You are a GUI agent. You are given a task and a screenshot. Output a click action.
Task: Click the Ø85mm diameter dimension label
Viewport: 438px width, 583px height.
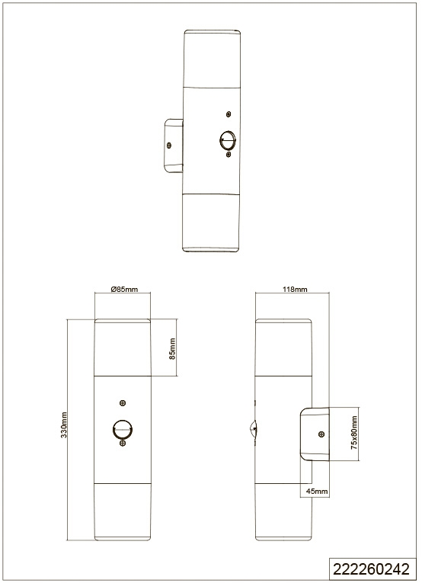click(124, 289)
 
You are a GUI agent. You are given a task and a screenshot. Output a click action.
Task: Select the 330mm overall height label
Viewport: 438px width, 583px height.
click(64, 425)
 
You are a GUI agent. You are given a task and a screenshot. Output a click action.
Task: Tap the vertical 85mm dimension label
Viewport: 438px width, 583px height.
click(172, 348)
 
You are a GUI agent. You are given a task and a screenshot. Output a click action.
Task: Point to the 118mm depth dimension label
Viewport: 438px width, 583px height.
click(295, 289)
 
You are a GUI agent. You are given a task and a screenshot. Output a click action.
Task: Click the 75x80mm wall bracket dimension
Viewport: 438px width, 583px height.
click(354, 433)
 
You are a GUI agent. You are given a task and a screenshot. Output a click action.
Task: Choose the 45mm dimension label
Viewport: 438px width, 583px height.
click(317, 491)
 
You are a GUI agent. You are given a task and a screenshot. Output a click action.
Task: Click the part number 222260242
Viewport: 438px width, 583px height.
click(371, 569)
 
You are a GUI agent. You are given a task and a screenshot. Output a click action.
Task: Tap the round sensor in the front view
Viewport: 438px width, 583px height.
click(123, 430)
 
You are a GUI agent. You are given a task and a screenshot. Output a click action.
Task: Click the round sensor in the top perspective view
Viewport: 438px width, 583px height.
click(228, 140)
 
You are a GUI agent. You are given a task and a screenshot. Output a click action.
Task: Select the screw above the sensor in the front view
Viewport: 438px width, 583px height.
click(123, 402)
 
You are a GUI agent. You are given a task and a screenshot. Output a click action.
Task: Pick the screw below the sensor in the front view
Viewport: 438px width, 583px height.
click(123, 444)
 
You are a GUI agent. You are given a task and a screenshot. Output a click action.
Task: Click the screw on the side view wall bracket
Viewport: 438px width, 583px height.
click(321, 434)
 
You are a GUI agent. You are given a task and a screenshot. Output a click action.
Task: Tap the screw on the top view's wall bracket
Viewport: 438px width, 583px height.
click(169, 145)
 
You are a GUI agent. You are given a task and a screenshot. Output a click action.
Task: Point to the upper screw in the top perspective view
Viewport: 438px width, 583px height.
click(229, 114)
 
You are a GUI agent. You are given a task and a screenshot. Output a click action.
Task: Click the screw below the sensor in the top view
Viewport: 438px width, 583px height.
click(229, 153)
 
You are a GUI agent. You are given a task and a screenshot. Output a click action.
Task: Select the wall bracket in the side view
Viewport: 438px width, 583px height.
click(315, 434)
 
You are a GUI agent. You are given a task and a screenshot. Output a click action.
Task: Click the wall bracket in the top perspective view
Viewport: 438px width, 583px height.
click(174, 146)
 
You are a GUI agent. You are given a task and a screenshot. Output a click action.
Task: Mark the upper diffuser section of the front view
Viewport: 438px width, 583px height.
click(123, 348)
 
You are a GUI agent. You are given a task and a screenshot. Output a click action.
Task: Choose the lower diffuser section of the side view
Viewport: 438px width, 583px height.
click(283, 512)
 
